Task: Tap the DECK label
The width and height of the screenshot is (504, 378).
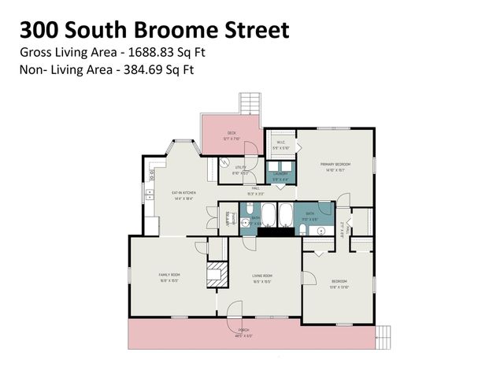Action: (232, 133)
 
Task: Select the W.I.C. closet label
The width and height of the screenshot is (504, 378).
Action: (280, 143)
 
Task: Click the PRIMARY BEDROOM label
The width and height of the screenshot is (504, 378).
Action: (335, 165)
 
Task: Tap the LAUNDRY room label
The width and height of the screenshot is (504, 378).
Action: (280, 176)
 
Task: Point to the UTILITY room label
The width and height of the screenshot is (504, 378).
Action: (241, 168)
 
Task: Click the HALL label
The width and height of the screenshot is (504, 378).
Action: (256, 189)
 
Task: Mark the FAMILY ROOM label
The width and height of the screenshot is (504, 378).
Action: (169, 275)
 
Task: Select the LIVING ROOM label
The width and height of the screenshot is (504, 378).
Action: (262, 275)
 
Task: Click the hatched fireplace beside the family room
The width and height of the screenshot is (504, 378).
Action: (215, 275)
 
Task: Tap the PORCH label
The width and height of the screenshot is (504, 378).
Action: (243, 332)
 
